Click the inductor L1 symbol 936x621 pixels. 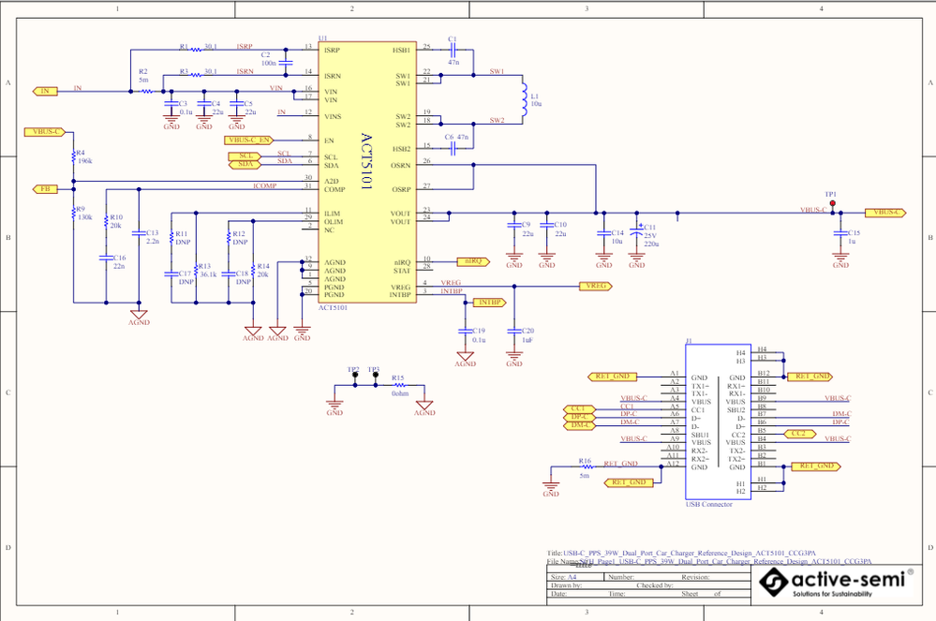point(522,97)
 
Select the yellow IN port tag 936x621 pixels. point(44,91)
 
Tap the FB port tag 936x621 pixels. point(44,188)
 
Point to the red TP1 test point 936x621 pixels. point(832,202)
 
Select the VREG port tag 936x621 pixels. point(594,285)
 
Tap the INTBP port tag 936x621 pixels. point(489,303)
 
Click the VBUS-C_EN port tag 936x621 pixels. point(250,140)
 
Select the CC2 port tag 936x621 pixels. point(799,434)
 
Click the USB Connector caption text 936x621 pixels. point(709,505)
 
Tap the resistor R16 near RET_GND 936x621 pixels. point(586,467)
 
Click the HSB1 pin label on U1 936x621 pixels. point(401,48)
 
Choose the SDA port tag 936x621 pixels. point(245,164)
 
